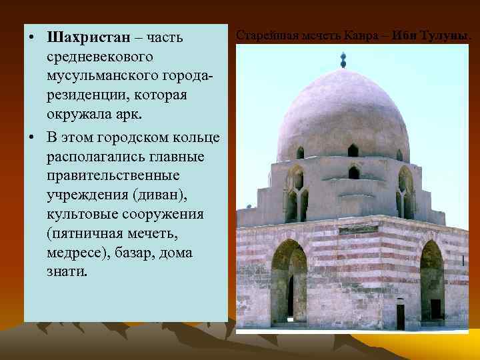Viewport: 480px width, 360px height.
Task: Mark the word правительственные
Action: click(113, 176)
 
